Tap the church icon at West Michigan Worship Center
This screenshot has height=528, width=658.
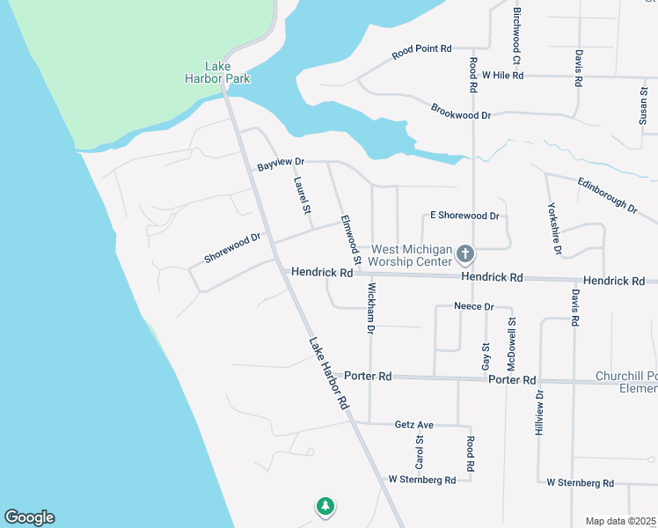point(465,255)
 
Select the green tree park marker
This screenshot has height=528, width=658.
point(325,506)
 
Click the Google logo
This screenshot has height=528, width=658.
point(29,517)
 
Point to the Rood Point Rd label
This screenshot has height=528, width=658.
point(421,52)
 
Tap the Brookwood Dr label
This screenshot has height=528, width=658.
point(460,111)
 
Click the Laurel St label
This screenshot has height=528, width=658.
point(302,196)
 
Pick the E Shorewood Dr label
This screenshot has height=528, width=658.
point(464,216)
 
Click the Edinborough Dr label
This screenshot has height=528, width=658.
point(607,195)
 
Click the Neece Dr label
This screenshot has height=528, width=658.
point(474,306)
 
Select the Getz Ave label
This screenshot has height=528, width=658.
point(414,424)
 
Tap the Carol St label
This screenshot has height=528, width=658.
point(420,451)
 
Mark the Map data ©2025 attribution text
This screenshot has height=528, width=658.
point(620,521)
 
